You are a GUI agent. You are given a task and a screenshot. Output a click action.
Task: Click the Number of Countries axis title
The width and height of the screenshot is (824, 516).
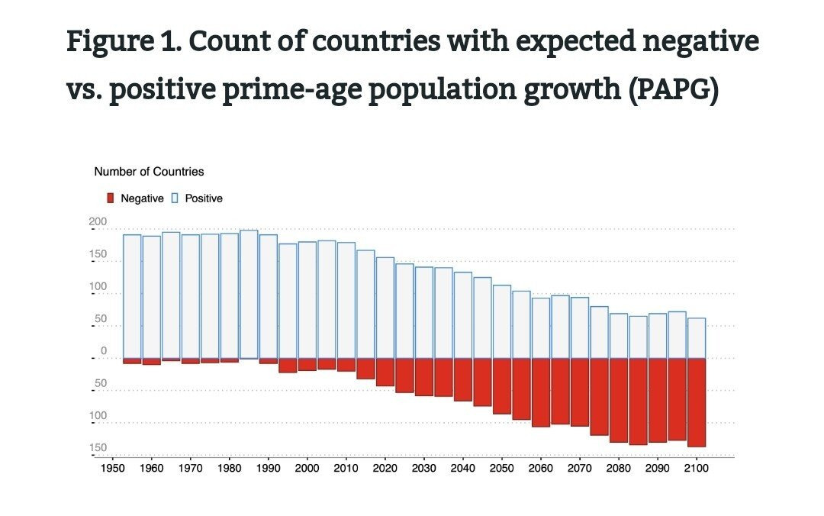[x=149, y=172]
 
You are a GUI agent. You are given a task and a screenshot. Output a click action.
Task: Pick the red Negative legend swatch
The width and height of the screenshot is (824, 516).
[x=111, y=198]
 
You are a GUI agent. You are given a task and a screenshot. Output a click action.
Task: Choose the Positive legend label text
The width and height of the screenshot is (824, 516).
[x=204, y=198]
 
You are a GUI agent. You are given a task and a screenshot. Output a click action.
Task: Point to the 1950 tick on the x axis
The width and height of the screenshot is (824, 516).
[x=112, y=468]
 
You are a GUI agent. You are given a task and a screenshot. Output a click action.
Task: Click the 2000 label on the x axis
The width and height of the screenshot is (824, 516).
[x=307, y=468]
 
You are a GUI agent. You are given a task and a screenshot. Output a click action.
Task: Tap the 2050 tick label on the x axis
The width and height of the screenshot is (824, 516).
[x=501, y=468]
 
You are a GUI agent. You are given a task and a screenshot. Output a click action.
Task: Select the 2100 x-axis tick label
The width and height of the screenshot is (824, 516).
[x=696, y=468]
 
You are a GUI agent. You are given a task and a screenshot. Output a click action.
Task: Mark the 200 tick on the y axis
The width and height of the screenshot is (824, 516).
[x=98, y=222]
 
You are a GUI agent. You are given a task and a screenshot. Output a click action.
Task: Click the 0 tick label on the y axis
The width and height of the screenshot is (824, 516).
[x=103, y=351]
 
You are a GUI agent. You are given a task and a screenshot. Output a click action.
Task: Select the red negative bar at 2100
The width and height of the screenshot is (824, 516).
[x=696, y=402]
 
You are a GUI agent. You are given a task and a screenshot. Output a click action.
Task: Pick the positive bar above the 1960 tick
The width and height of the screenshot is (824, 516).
[x=151, y=297]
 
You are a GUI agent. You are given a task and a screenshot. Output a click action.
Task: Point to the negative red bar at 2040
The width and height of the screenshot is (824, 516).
[x=462, y=379]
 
